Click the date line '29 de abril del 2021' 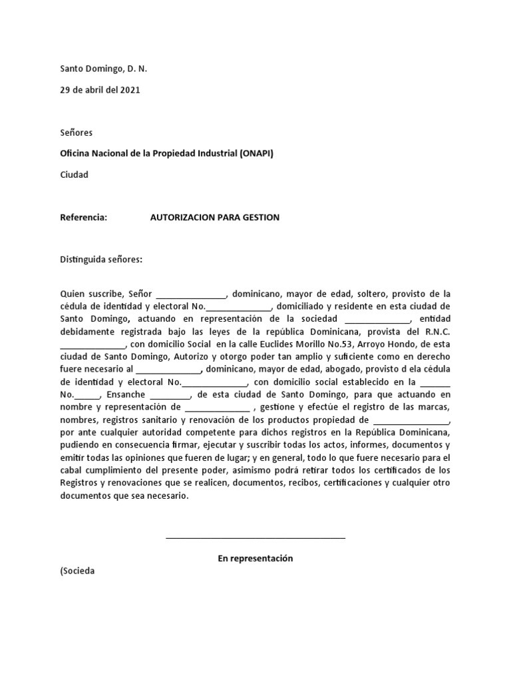100,89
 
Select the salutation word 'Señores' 77,133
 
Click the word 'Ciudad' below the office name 74,174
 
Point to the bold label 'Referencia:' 83,218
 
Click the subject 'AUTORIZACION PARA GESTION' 215,218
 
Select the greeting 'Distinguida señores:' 101,260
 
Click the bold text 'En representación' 255,558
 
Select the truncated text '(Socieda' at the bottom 78,571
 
